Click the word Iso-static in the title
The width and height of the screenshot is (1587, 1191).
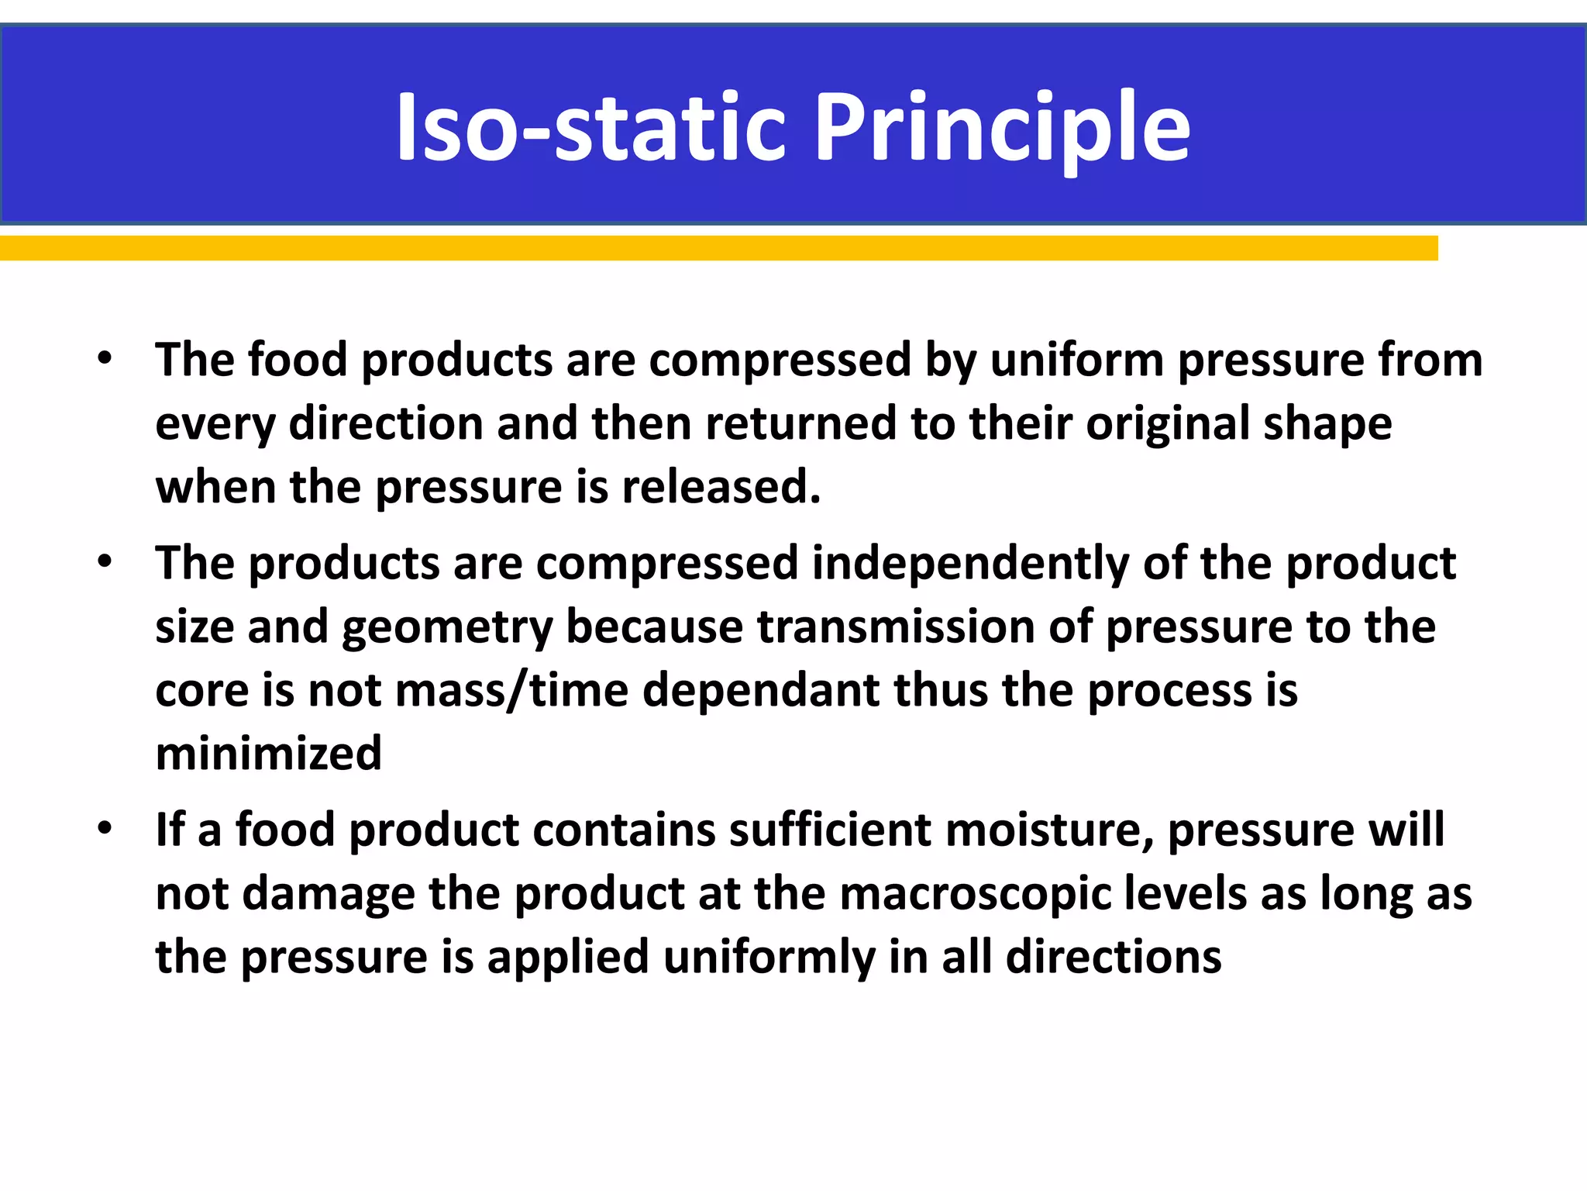[x=589, y=128]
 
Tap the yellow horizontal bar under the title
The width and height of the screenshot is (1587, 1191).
[x=718, y=248]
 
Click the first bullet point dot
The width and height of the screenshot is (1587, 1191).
[x=105, y=358]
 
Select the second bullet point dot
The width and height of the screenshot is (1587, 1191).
[x=105, y=561]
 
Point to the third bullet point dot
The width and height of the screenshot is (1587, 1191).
[x=105, y=827]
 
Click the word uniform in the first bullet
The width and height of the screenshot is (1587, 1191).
[x=1076, y=361]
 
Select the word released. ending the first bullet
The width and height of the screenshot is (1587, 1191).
[x=721, y=488]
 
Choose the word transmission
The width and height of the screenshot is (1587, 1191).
[x=896, y=627]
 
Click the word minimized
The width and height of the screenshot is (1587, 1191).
[x=269, y=754]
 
